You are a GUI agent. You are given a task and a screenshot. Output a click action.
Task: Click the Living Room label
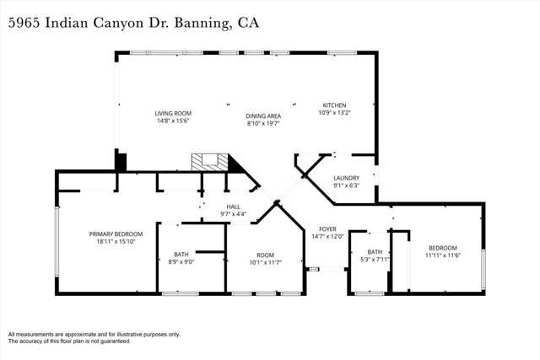pos(172,113)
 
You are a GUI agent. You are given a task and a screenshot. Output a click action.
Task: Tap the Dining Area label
pos(263,116)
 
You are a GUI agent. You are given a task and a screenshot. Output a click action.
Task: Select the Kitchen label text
pos(334,105)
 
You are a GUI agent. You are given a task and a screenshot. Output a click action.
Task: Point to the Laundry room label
pos(347,178)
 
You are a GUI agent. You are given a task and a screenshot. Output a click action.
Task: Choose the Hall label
pos(233,206)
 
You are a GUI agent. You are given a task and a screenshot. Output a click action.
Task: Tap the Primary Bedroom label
pos(116,234)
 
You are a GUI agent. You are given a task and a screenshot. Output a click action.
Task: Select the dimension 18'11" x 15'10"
pos(116,242)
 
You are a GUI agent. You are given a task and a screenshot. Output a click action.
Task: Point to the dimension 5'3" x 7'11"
pos(375,260)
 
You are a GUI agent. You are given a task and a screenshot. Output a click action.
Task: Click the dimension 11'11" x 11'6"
pos(441,254)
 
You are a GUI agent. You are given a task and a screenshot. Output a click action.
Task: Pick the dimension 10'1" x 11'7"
pos(266,262)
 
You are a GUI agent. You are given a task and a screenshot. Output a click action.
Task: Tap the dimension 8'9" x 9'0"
pos(181,262)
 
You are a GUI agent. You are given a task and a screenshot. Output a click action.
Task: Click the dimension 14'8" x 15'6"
pos(172,121)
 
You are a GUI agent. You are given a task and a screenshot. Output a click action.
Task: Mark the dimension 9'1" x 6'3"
pos(347,186)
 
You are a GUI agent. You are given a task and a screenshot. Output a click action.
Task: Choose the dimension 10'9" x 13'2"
pos(334,113)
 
